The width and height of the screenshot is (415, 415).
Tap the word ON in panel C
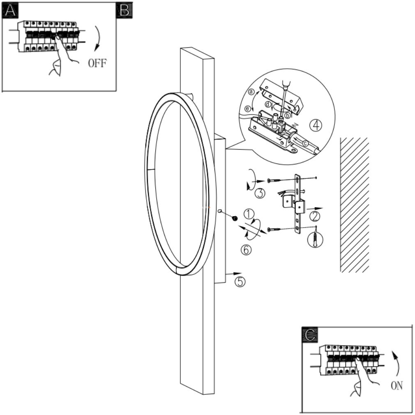pyautogui.click(x=397, y=386)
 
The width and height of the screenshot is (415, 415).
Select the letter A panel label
pyautogui.click(x=10, y=12)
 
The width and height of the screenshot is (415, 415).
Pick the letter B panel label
pyautogui.click(x=124, y=11)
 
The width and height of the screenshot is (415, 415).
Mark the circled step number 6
pyautogui.click(x=246, y=249)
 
